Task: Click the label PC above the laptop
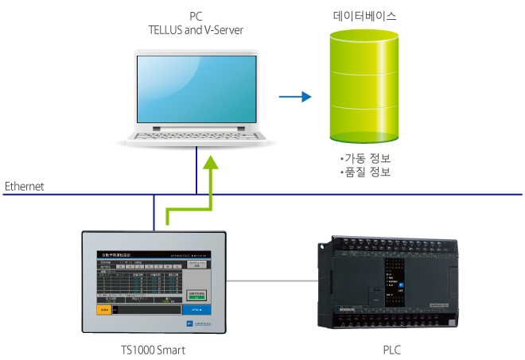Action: (196, 16)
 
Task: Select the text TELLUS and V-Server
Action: (196, 29)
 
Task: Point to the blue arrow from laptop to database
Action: (295, 97)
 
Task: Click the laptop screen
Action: (196, 88)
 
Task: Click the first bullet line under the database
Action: (365, 157)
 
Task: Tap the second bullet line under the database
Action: (365, 171)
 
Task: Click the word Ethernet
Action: (25, 187)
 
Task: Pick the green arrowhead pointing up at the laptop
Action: (211, 162)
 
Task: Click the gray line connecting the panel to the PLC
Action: (270, 281)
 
